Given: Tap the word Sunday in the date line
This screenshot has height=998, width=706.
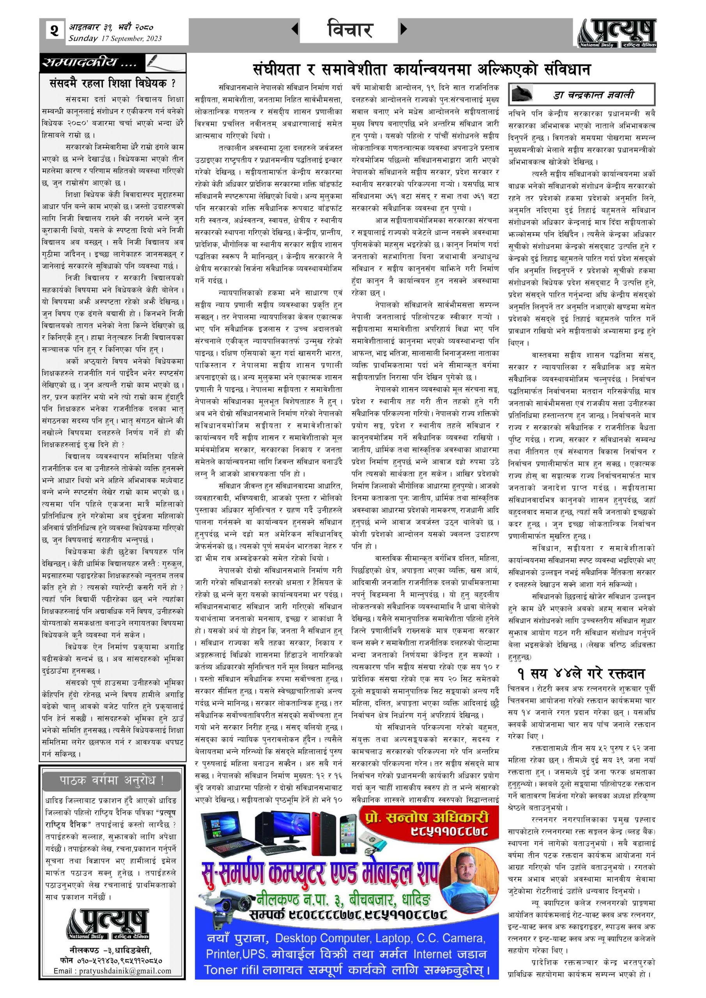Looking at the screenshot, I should (x=83, y=38).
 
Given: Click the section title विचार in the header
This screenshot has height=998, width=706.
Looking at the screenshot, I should (x=350, y=30).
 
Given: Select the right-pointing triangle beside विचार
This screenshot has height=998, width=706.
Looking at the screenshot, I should (x=404, y=30).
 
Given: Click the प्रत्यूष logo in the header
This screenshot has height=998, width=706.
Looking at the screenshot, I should (x=618, y=33).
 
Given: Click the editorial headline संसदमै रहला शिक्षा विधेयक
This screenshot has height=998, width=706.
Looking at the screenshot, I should (x=113, y=83).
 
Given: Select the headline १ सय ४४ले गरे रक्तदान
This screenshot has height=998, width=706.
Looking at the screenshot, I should (x=581, y=674).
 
